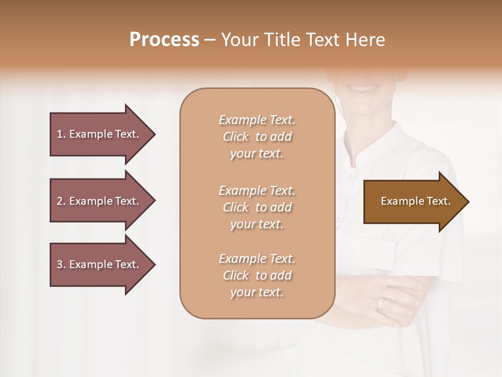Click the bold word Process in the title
pyautogui.click(x=164, y=40)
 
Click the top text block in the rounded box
pyautogui.click(x=257, y=137)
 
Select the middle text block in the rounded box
pyautogui.click(x=257, y=207)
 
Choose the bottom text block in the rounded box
pyautogui.click(x=257, y=275)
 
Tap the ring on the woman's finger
pyautogui.click(x=381, y=304)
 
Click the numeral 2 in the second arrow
pyautogui.click(x=60, y=201)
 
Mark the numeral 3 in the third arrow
pyautogui.click(x=60, y=264)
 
